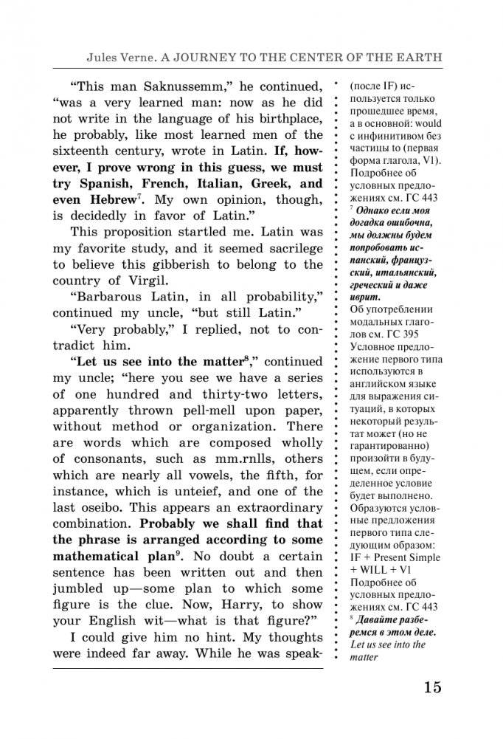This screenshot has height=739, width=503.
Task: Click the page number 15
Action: (433, 687)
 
